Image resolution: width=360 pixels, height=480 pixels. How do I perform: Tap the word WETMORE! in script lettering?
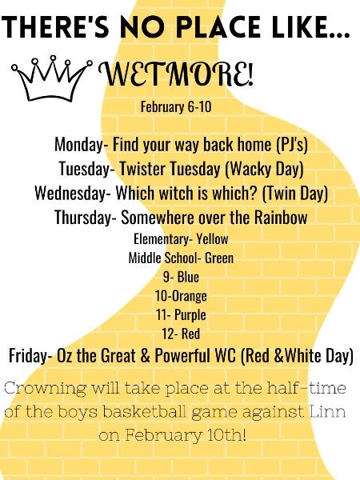click(x=176, y=74)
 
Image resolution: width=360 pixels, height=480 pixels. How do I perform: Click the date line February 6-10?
click(x=176, y=107)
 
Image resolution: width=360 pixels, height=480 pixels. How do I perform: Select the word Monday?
click(x=78, y=144)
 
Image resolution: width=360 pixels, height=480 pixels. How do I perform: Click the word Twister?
click(x=143, y=169)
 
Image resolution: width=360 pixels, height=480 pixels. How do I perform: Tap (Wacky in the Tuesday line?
click(x=249, y=169)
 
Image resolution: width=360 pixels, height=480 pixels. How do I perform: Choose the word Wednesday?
click(x=70, y=193)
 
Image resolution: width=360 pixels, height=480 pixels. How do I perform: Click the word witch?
click(x=167, y=193)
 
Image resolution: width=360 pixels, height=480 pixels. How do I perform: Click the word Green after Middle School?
click(x=219, y=258)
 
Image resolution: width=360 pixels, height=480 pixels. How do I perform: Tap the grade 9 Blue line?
click(x=181, y=277)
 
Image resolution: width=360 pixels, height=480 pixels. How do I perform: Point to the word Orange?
click(x=190, y=296)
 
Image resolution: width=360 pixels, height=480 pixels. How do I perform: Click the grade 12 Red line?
click(x=181, y=334)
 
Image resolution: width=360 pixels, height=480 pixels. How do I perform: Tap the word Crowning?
click(x=46, y=389)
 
